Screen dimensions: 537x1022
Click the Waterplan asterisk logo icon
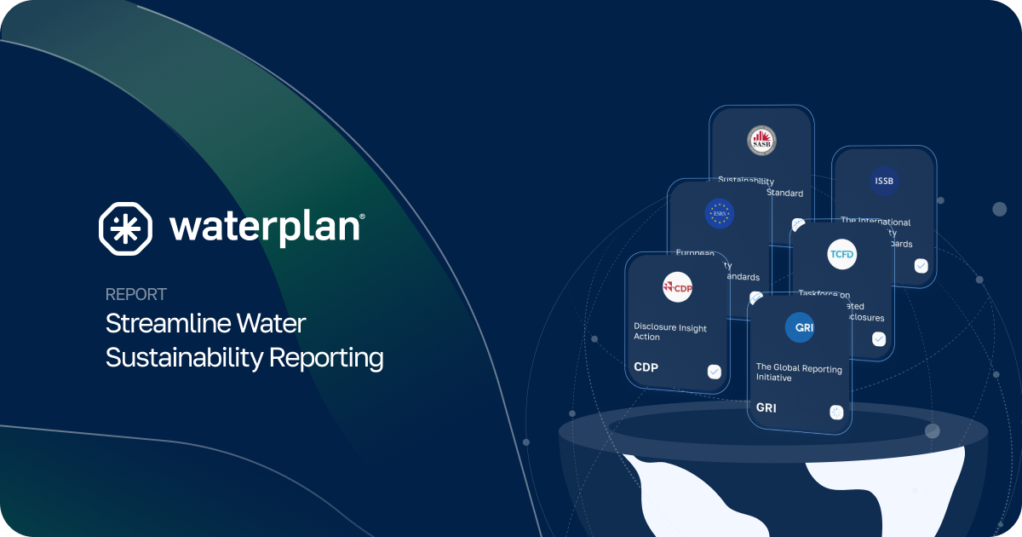(x=125, y=228)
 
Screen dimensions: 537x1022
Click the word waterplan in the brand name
(x=267, y=227)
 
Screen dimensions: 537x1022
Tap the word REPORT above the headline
(x=136, y=295)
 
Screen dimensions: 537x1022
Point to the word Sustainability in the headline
(x=184, y=358)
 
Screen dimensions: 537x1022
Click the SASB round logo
(x=761, y=141)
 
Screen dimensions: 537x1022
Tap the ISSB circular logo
(x=883, y=181)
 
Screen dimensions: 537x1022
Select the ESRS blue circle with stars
(x=719, y=213)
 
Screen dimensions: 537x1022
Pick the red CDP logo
(x=677, y=288)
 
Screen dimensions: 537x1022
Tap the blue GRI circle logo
(x=799, y=328)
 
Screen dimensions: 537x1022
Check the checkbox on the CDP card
(x=714, y=372)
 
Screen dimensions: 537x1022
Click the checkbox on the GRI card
(x=836, y=413)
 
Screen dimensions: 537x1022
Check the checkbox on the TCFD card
(x=879, y=339)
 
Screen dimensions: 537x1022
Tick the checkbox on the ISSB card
(x=921, y=265)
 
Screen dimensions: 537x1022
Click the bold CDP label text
(x=646, y=367)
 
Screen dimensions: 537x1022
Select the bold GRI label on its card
(x=766, y=408)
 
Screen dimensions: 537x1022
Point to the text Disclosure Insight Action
(x=670, y=332)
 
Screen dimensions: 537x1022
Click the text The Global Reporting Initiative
(x=799, y=373)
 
